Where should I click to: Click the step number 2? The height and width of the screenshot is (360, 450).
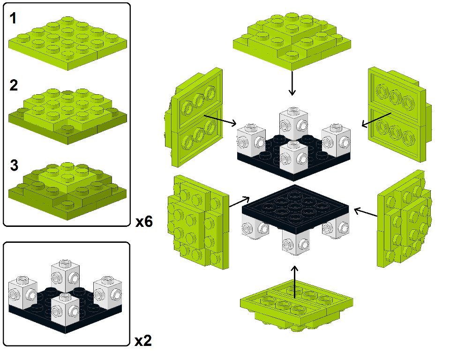tap(14, 86)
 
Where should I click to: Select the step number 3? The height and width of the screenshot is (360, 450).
tap(15, 165)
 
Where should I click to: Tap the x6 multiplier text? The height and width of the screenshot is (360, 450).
tap(144, 222)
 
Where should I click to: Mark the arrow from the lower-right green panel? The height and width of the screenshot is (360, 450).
tap(366, 212)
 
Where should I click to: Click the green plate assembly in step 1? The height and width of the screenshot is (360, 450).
tap(67, 42)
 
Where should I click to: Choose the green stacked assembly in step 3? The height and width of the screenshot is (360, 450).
tap(67, 190)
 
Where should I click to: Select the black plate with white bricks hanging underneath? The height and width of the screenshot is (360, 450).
tap(295, 216)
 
